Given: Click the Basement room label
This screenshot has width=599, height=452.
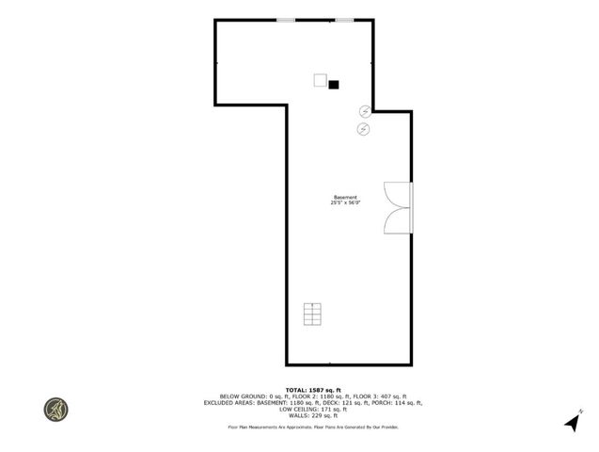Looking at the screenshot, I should [x=344, y=197].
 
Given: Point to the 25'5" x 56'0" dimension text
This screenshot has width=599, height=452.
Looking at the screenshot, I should [x=344, y=202].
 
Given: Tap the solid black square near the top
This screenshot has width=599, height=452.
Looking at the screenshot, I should [x=333, y=84].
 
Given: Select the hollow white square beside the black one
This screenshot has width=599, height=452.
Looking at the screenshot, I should [x=320, y=80].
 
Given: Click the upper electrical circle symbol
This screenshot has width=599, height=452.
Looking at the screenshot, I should [x=365, y=111].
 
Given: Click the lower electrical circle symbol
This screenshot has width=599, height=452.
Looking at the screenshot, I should [x=363, y=128].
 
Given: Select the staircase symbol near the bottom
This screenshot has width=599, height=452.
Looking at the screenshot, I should [x=312, y=314].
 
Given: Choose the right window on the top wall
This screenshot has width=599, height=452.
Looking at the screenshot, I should [x=344, y=20].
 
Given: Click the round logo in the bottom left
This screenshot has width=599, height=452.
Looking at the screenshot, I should [x=55, y=410].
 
